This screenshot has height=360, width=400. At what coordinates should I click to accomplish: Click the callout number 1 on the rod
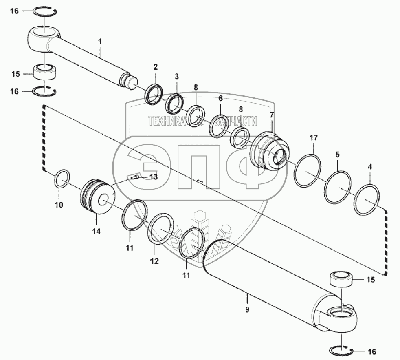(100, 42)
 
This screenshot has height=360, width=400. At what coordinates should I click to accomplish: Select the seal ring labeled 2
(154, 94)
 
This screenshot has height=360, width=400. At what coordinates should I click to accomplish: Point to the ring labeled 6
(220, 127)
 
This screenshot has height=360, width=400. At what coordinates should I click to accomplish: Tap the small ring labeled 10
(62, 179)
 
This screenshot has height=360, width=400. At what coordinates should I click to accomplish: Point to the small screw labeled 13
(135, 177)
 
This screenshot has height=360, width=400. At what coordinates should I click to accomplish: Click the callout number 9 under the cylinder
(248, 309)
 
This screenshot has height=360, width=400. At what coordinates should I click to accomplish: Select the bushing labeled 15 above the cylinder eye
(341, 280)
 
